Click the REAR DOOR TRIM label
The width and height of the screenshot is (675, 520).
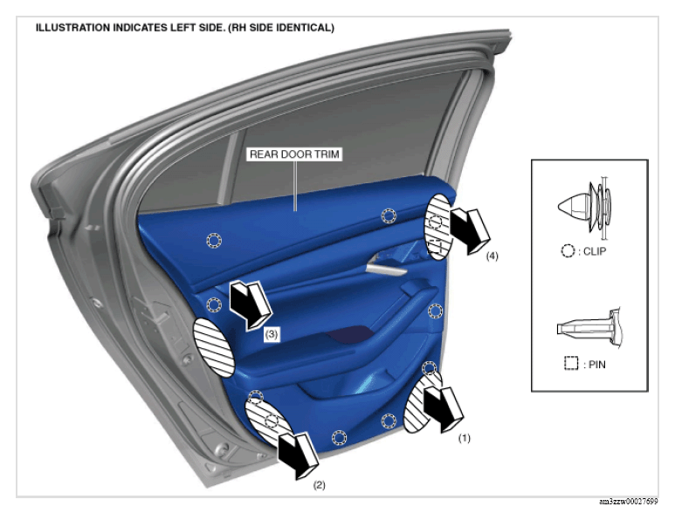[294, 154]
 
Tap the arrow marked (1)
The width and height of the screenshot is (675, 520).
[443, 407]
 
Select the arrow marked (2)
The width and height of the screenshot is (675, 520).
[298, 455]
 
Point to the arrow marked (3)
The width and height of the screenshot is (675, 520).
[250, 305]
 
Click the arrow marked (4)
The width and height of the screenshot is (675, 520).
[470, 230]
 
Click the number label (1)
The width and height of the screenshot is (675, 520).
[464, 438]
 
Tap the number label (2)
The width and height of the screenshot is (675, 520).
[319, 485]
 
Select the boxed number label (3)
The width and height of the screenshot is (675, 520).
[272, 334]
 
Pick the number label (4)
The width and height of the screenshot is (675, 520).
[492, 256]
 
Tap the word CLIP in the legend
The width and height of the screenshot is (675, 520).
[595, 251]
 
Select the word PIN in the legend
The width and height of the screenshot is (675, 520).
[597, 365]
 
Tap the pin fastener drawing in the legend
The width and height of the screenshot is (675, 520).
[588, 328]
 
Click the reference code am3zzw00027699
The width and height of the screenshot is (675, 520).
[629, 502]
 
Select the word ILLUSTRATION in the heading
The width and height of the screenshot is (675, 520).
[72, 28]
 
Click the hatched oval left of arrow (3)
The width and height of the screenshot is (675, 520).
[214, 347]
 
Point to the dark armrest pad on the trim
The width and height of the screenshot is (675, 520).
[350, 335]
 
